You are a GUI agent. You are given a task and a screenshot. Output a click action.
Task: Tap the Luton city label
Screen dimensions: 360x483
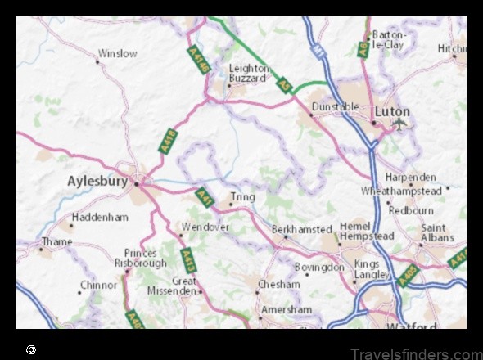[391, 110]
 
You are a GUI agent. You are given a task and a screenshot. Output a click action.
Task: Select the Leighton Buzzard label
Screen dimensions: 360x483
[248, 74]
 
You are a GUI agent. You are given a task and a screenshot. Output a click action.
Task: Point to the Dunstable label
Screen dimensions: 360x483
[336, 106]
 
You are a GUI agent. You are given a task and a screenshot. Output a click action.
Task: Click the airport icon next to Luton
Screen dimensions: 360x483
[399, 124]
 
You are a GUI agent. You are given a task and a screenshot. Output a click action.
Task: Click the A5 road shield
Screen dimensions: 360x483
[284, 84]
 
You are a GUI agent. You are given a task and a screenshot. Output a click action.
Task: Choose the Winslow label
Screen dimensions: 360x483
[118, 54]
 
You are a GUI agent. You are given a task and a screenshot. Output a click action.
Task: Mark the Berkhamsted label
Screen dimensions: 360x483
[302, 230]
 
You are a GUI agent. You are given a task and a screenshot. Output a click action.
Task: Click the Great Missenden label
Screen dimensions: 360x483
[174, 285]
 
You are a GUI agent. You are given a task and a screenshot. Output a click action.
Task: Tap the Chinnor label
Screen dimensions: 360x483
[98, 286]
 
